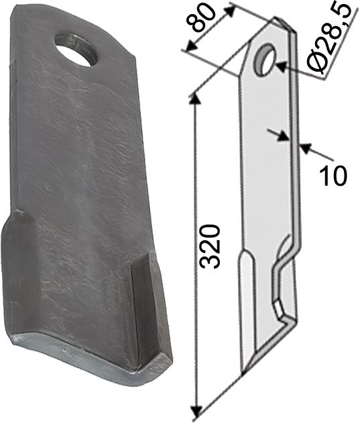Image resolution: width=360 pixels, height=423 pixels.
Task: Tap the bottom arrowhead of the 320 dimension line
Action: click(195, 410)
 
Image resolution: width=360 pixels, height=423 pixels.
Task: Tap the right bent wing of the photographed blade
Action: click(149, 308)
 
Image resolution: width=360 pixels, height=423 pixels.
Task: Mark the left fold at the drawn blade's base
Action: click(245, 295)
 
